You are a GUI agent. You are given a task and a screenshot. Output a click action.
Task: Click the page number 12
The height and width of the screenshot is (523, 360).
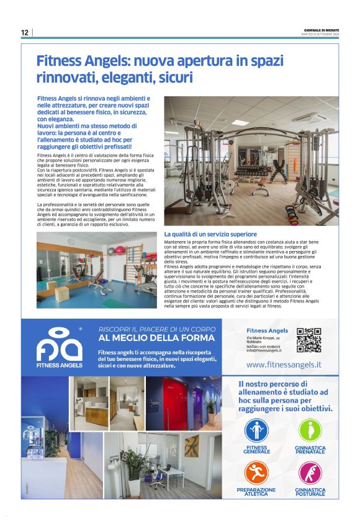click(25, 32)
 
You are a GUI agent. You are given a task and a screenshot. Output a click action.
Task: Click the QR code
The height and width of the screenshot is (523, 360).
click(308, 340)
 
